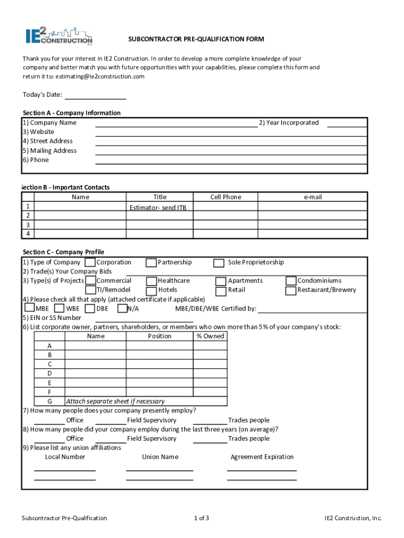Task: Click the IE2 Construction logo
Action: pos(59,35)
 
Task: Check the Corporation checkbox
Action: pos(90,262)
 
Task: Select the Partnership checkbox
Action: pos(151,262)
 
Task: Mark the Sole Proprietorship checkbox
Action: pos(219,263)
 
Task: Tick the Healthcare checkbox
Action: pos(151,281)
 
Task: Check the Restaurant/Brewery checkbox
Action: pos(291,290)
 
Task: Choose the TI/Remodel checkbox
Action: pos(90,290)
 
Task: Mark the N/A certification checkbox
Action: pos(122,308)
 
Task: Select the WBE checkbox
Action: pos(59,308)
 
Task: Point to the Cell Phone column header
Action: pos(226,197)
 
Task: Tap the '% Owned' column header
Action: pos(210,336)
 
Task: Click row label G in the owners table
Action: pos(49,401)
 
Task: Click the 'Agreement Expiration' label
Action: pos(262,457)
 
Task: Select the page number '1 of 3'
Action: pos(201,518)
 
